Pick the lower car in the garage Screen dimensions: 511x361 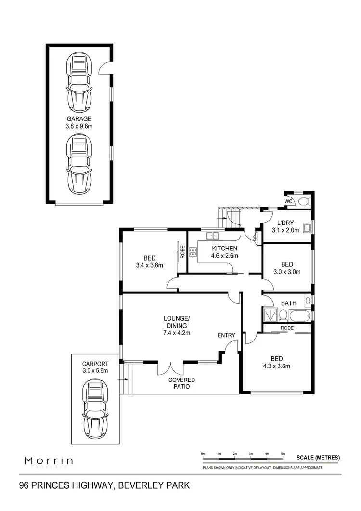tap(79, 163)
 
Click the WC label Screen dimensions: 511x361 tap(289, 201)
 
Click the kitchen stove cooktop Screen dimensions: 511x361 tap(193, 251)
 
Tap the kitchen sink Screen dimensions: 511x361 tap(213, 236)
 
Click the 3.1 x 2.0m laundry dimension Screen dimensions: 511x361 tap(285, 230)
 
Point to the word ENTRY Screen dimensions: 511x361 tap(226, 335)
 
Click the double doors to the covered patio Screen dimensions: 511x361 tap(170, 367)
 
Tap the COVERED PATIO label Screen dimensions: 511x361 tap(181, 383)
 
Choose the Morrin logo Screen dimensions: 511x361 tap(49, 461)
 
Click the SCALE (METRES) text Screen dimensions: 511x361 tap(318, 458)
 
